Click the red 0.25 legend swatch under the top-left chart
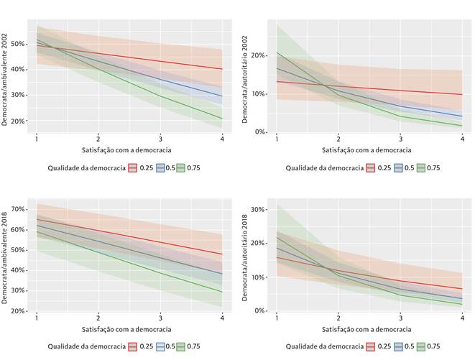(133, 167)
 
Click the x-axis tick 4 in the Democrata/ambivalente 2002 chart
(221, 139)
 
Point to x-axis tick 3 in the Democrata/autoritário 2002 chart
(400, 139)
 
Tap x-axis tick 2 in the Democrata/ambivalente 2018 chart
(98, 318)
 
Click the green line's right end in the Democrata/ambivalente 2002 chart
(221, 119)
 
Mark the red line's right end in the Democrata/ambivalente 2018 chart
(221, 254)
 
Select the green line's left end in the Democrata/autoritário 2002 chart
(277, 52)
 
